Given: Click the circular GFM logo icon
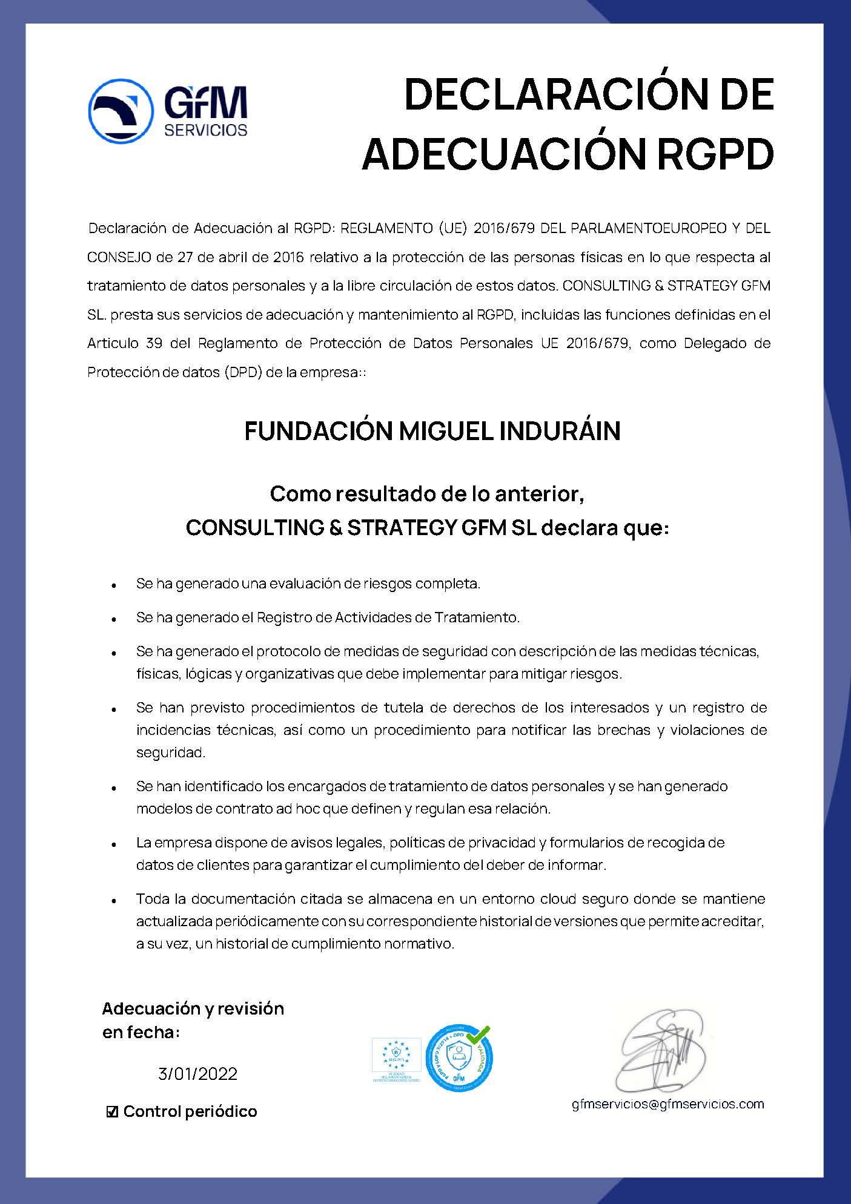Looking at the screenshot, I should (x=121, y=111).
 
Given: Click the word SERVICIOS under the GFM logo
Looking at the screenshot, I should (x=206, y=130).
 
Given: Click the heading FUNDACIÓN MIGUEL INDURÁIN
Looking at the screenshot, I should (x=432, y=431).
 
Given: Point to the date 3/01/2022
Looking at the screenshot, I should (x=197, y=1074).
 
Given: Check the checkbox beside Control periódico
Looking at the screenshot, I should (x=112, y=1112).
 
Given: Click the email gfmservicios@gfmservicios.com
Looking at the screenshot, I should (x=668, y=1104).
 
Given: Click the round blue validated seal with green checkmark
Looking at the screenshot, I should (x=459, y=1058).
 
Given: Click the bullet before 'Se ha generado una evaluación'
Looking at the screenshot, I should (x=114, y=585).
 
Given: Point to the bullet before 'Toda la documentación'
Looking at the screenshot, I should (x=114, y=900).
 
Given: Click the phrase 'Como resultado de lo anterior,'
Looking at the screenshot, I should (x=427, y=494).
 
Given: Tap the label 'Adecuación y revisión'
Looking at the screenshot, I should (x=193, y=1008).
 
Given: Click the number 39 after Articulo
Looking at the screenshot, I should (x=154, y=343).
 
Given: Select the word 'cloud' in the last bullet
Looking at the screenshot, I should (x=558, y=898).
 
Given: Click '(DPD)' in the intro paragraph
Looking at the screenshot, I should (x=242, y=372).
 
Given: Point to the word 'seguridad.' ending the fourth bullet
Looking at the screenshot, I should (x=171, y=752).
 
